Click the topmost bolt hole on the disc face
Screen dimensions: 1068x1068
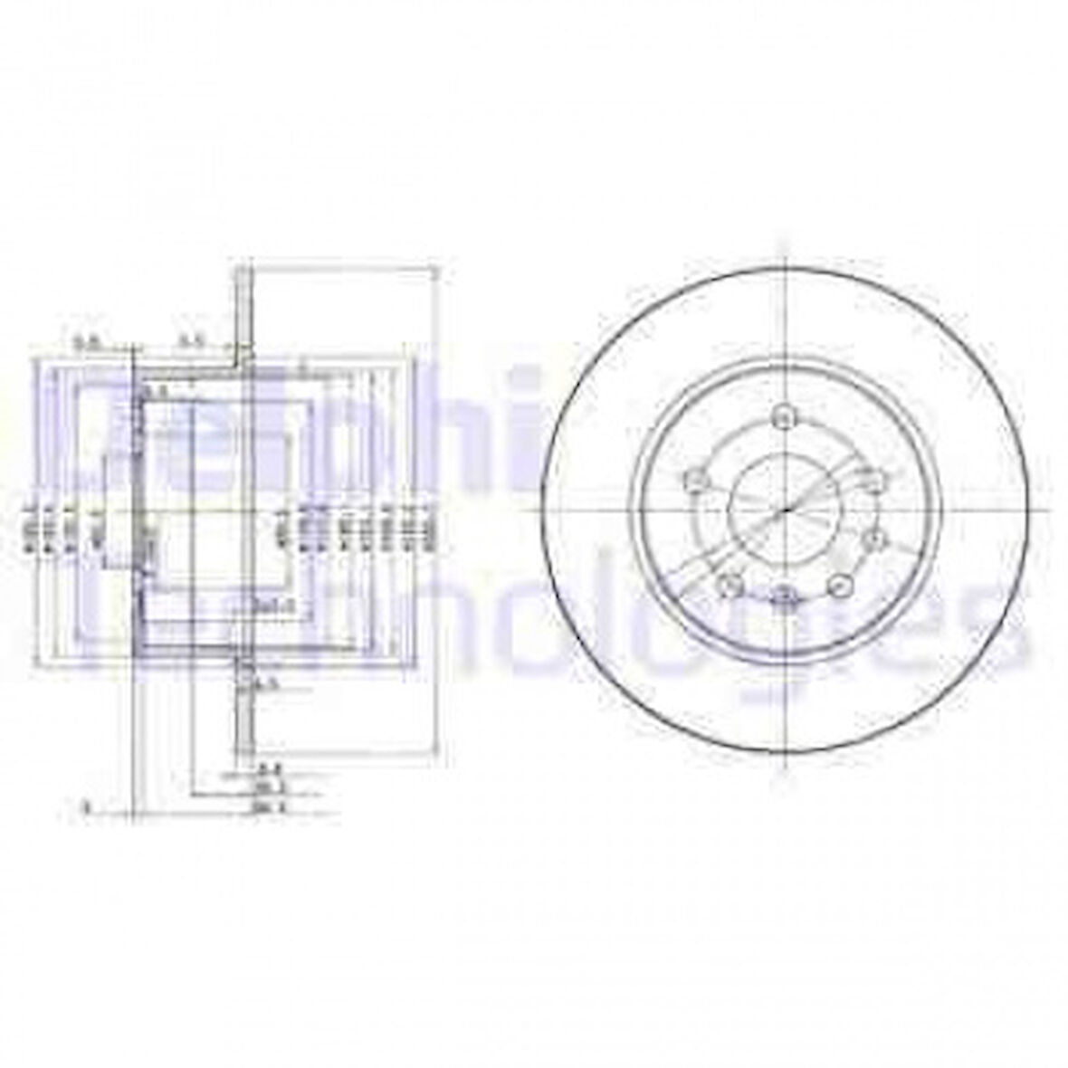[x=784, y=416]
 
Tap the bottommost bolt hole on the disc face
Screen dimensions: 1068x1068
[x=784, y=595]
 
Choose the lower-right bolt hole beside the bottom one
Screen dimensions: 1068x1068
[x=840, y=586]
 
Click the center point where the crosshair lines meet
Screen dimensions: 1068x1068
[x=784, y=508]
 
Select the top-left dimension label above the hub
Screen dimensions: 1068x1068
[x=87, y=342]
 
